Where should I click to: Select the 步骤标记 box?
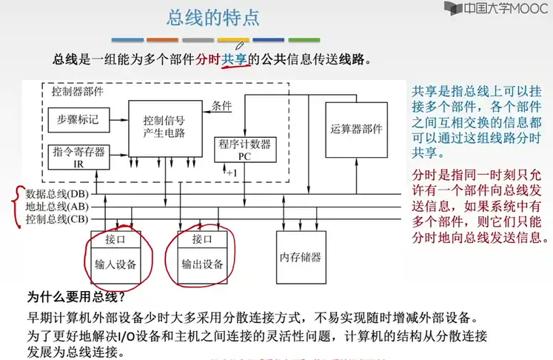78,119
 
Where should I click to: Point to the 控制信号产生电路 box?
164,127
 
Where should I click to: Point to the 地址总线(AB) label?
57,207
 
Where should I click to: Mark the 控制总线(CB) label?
57,219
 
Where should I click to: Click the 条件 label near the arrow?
222,105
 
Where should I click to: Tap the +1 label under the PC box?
231,173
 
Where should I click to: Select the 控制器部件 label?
78,92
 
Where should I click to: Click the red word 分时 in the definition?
208,59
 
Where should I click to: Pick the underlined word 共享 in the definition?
236,59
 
